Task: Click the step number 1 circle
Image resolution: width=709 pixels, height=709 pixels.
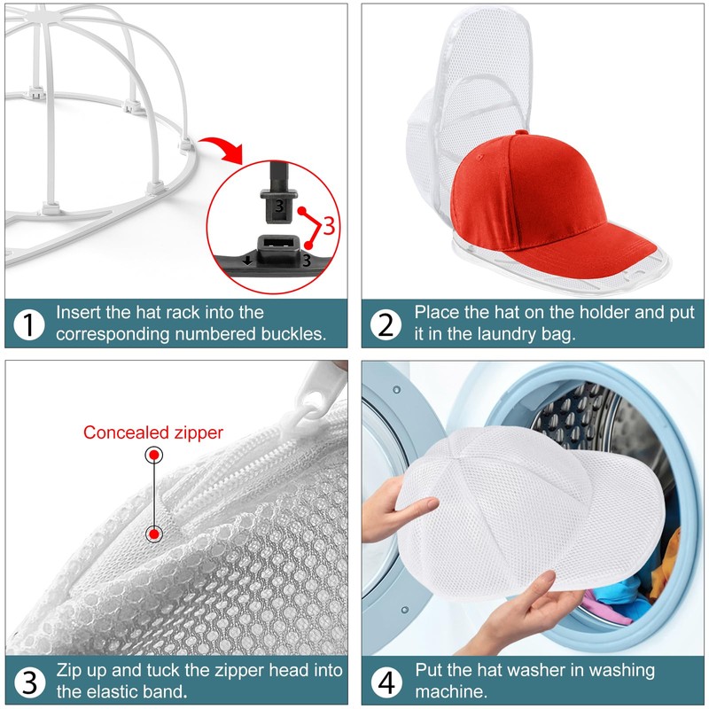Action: (x=30, y=324)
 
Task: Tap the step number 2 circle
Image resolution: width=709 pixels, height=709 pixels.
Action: (x=386, y=324)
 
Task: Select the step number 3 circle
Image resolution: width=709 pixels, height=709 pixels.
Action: (x=30, y=682)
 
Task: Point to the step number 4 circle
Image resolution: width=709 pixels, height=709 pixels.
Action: (x=386, y=682)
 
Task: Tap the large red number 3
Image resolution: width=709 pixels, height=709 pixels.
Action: (x=329, y=224)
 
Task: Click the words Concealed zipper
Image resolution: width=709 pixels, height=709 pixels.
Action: (x=153, y=432)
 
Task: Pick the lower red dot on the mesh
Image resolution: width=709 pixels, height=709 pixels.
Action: (x=154, y=534)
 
